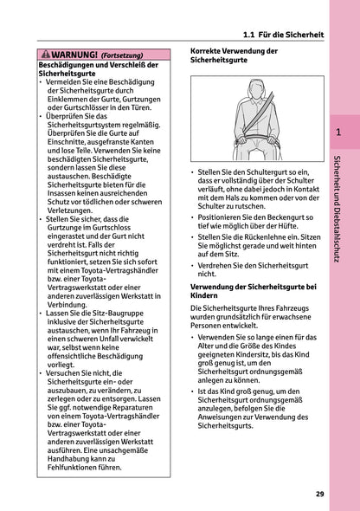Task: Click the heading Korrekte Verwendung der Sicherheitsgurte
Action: (x=234, y=57)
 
